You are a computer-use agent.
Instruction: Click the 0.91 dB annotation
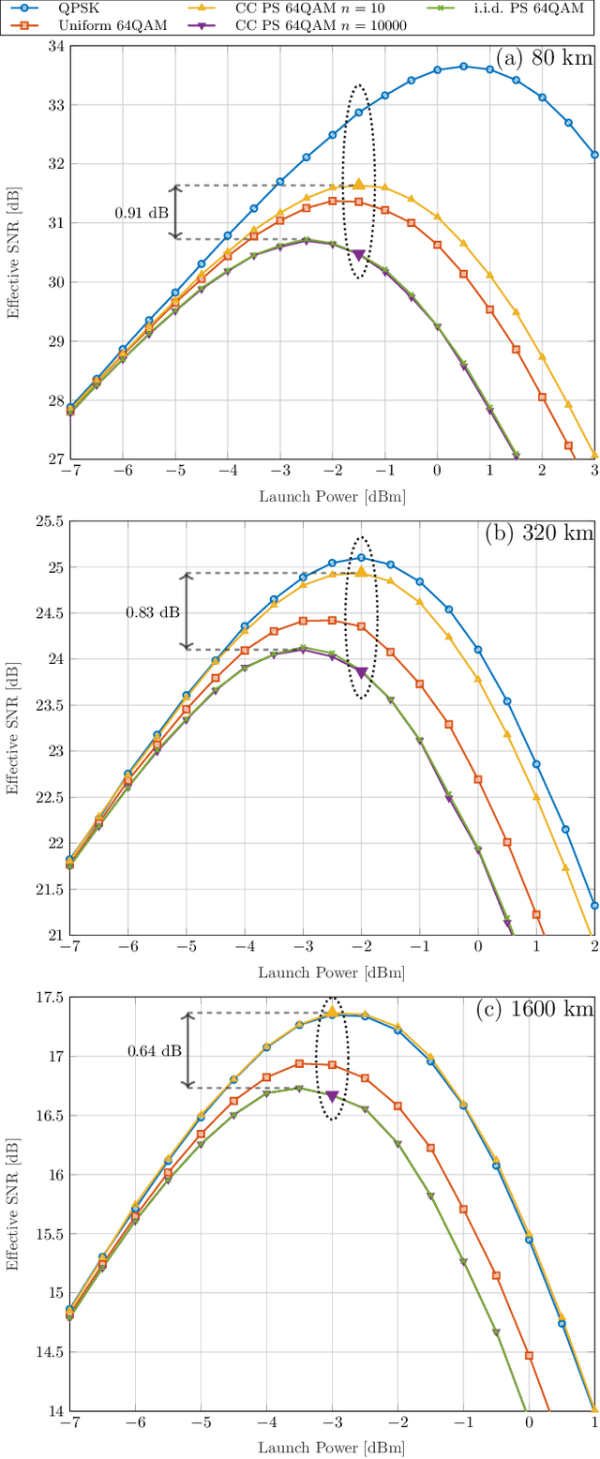142,213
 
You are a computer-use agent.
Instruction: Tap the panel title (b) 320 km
539,534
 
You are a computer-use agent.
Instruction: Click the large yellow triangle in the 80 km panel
359,185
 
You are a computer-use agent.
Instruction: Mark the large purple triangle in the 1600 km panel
332,1095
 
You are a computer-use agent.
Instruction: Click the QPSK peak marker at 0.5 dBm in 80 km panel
463,67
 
